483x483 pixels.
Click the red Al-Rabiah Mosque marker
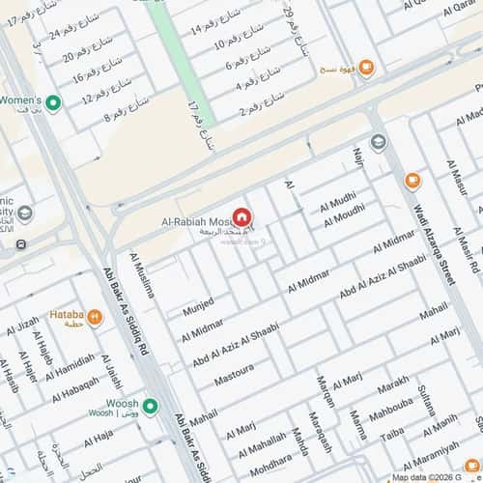(241, 218)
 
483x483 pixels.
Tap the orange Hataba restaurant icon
(95, 316)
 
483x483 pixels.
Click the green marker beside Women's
(54, 102)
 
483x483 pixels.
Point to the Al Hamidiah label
(71, 366)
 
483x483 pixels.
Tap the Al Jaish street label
(113, 373)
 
